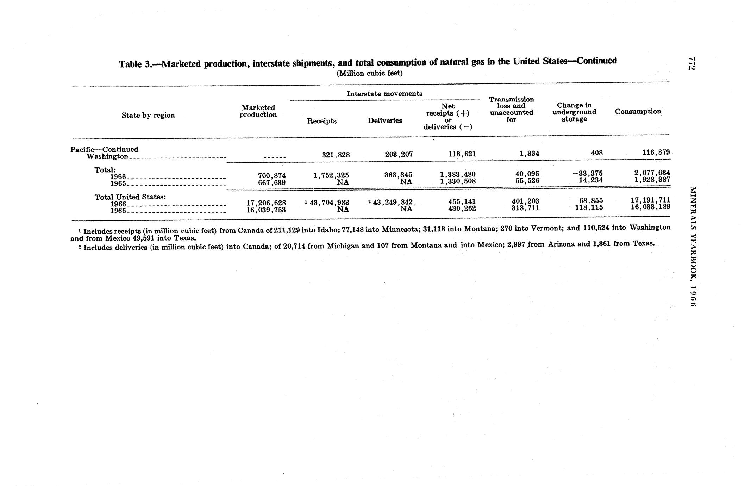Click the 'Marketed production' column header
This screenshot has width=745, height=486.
pyautogui.click(x=258, y=111)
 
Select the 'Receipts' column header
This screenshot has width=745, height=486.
pyautogui.click(x=321, y=121)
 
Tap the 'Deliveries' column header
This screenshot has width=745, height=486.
pyautogui.click(x=385, y=120)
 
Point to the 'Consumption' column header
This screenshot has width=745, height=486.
pyautogui.click(x=638, y=111)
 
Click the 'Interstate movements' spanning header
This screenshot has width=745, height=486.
pyautogui.click(x=384, y=94)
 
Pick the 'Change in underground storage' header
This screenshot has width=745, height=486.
pyautogui.click(x=574, y=112)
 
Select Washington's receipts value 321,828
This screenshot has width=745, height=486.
pyautogui.click(x=336, y=155)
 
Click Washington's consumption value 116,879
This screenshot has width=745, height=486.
pyautogui.click(x=655, y=152)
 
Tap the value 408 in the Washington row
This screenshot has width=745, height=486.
pyautogui.click(x=597, y=153)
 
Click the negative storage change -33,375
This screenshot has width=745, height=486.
pyautogui.click(x=588, y=173)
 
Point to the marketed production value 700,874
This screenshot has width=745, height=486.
pyautogui.click(x=271, y=175)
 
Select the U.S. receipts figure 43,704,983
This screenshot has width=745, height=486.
pyautogui.click(x=329, y=202)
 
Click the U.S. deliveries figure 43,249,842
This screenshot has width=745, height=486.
pyautogui.click(x=392, y=202)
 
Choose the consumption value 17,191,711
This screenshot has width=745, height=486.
pyautogui.click(x=650, y=200)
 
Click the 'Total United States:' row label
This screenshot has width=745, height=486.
pyautogui.click(x=130, y=197)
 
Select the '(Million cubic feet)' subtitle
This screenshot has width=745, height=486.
pyautogui.click(x=369, y=73)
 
